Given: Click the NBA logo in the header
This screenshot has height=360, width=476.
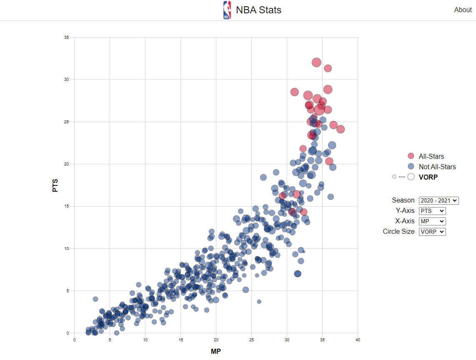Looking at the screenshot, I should point(227,10).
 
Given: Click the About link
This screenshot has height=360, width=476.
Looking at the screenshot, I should point(463,10).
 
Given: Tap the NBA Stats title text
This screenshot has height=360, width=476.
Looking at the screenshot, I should point(258,10).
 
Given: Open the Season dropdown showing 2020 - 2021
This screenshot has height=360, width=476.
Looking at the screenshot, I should point(438,200).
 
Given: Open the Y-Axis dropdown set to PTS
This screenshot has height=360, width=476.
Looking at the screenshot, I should point(432,211).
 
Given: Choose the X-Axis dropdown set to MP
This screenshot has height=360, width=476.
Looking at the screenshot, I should point(432,221).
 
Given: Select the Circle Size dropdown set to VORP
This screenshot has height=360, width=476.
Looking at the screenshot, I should point(432,232).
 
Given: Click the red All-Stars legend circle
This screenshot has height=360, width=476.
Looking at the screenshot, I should point(411,156).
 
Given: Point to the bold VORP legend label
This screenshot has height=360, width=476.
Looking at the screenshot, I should point(428,177).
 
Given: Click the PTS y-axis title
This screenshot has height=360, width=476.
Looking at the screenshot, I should point(55,185).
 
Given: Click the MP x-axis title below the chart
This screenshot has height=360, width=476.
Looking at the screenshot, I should point(215,351).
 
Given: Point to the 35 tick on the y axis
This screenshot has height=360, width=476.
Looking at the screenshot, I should point(67,37).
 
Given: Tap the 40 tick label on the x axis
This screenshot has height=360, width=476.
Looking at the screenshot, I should point(358,340).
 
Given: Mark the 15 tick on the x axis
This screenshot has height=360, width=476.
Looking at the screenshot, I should point(180,340).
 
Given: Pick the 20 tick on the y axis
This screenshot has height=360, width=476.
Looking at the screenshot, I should point(67,164).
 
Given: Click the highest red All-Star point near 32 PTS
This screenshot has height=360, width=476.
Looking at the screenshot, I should point(316,62).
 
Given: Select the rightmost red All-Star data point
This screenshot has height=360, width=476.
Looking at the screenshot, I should point(341,129).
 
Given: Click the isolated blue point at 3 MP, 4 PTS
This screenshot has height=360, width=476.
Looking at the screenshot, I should point(95,299).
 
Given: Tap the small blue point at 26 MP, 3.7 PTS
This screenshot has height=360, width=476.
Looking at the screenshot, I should point(259,302).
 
